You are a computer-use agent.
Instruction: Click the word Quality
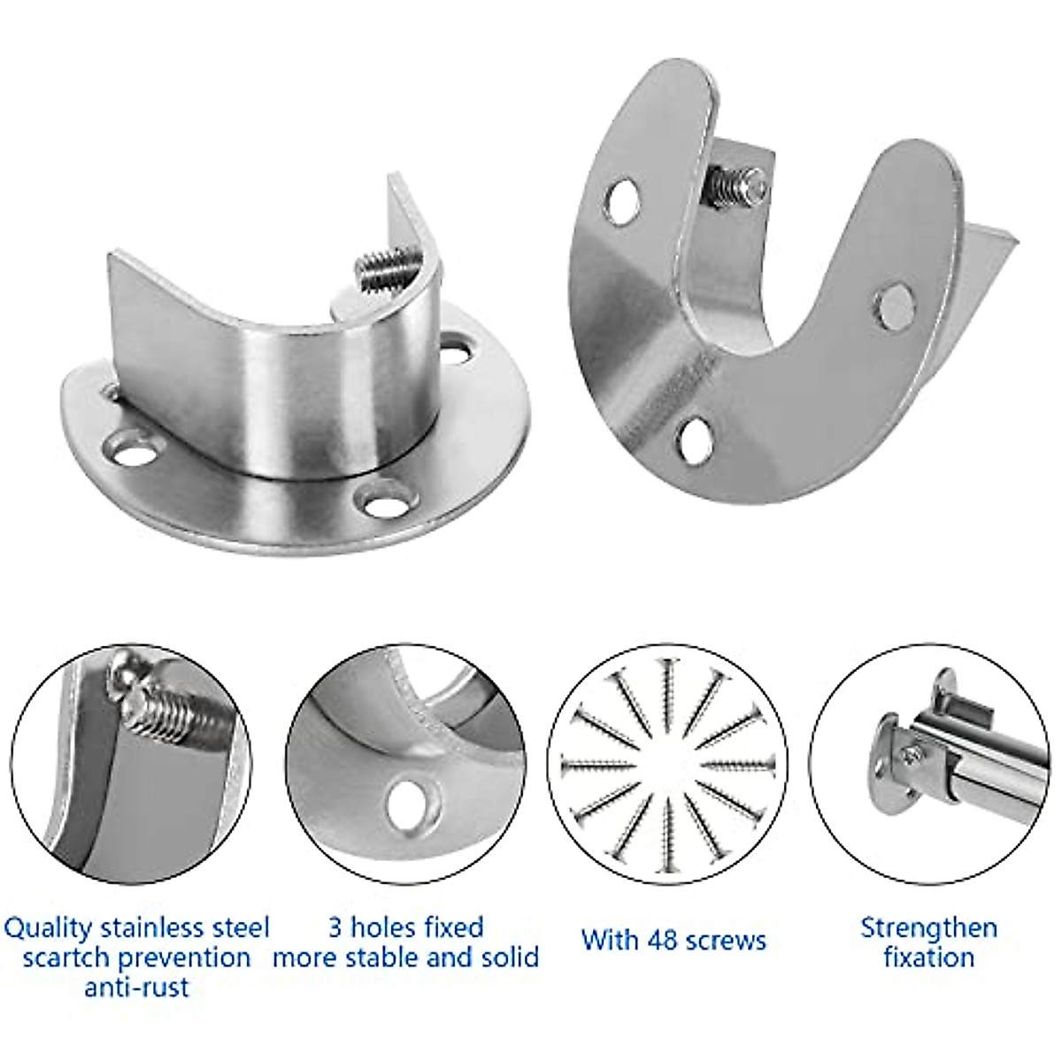tap(49, 928)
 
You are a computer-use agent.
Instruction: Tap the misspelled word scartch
tap(66, 958)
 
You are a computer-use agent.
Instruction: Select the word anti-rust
tap(136, 987)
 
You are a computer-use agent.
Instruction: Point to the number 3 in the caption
tap(335, 927)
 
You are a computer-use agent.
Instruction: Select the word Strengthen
tap(928, 928)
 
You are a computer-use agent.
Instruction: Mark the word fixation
tap(928, 958)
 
